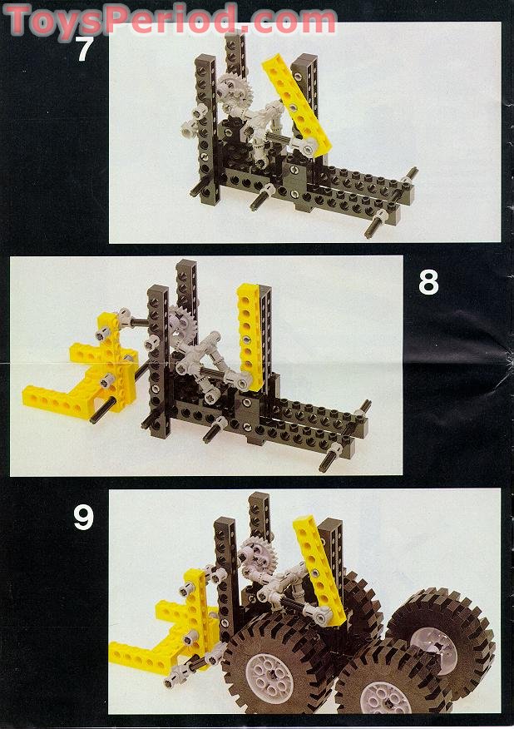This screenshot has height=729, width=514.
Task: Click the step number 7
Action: tap(84, 49)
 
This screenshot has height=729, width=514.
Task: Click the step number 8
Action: tap(428, 283)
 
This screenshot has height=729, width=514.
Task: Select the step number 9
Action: tap(83, 518)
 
